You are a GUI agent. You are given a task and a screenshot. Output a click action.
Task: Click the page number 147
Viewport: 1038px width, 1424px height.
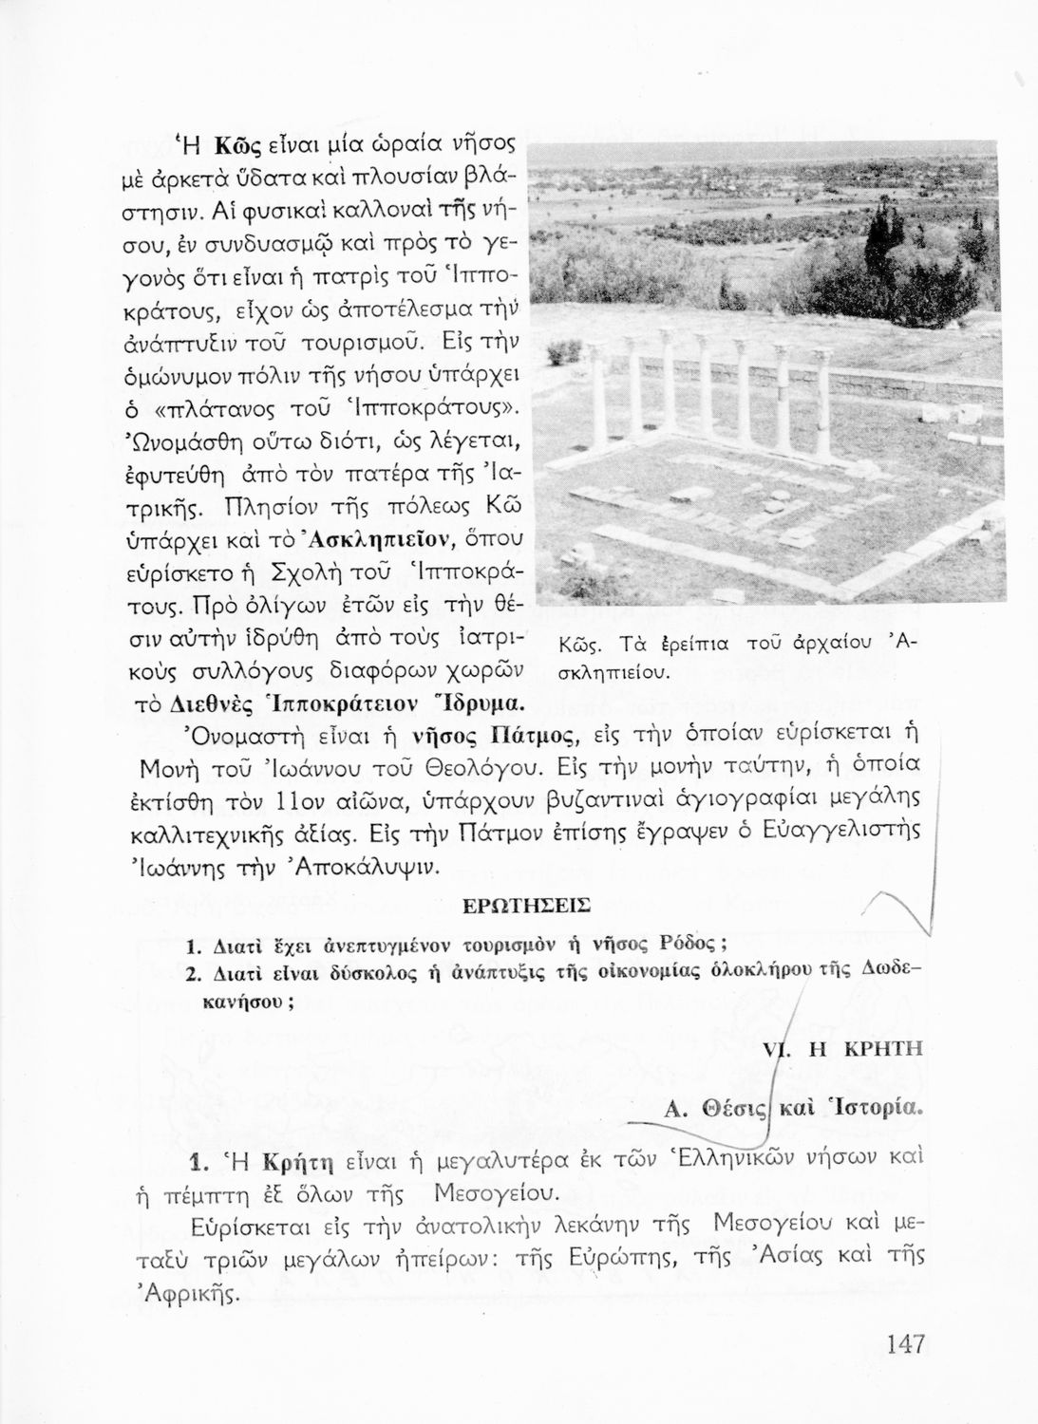coord(905,1345)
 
